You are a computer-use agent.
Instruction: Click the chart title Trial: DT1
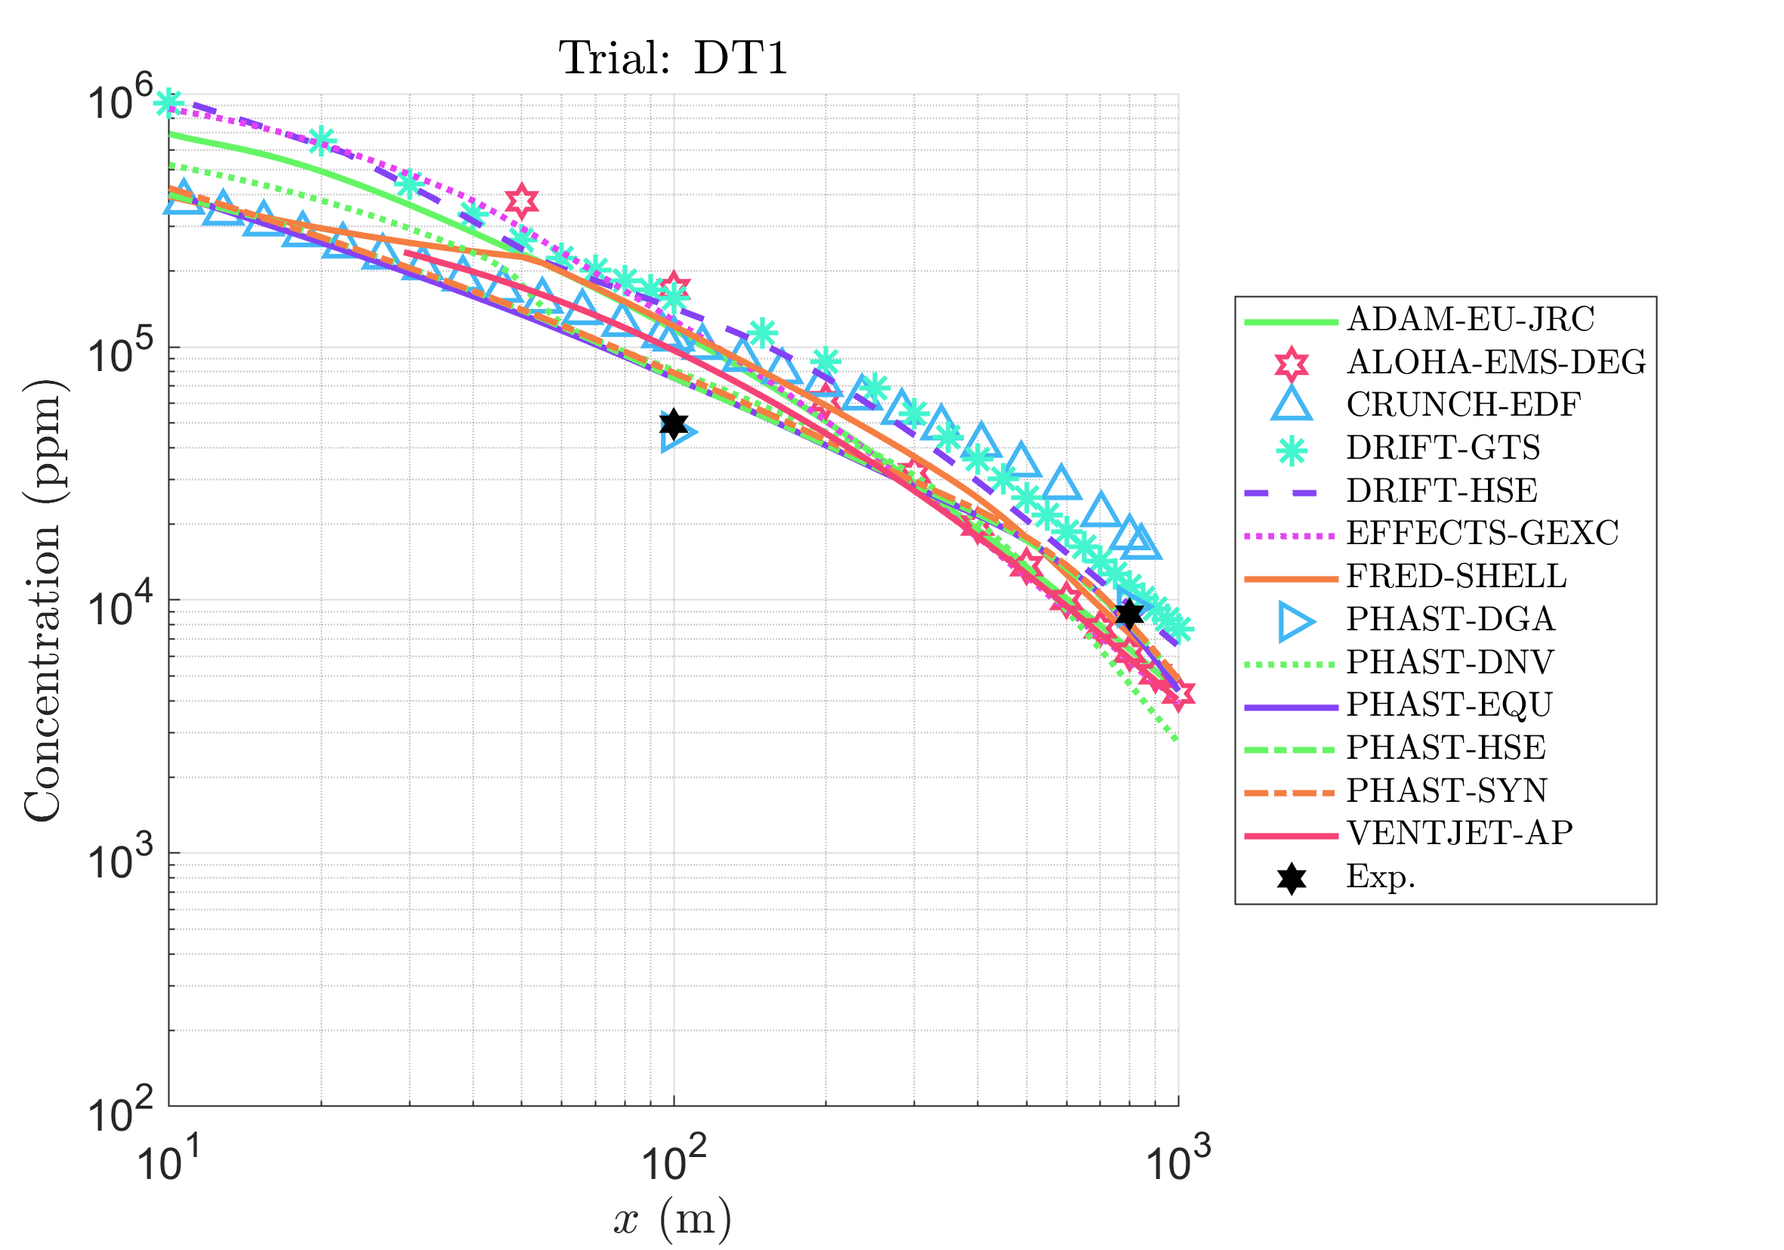pyautogui.click(x=673, y=58)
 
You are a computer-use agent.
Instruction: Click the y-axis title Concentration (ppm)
pyautogui.click(x=42, y=600)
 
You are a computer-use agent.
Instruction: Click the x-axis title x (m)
pyautogui.click(x=673, y=1219)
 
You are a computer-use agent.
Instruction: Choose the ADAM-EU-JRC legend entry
pyautogui.click(x=1470, y=320)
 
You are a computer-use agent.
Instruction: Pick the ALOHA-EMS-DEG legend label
pyautogui.click(x=1495, y=362)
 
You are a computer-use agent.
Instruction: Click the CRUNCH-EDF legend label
pyautogui.click(x=1462, y=405)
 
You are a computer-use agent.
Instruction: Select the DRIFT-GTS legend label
pyautogui.click(x=1443, y=447)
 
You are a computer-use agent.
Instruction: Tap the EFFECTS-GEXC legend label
pyautogui.click(x=1482, y=534)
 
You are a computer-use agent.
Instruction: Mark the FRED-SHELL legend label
pyautogui.click(x=1456, y=576)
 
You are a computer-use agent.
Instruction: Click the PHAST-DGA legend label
pyautogui.click(x=1450, y=619)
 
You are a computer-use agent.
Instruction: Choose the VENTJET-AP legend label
pyautogui.click(x=1459, y=833)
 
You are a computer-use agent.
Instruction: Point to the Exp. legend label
pyautogui.click(x=1381, y=876)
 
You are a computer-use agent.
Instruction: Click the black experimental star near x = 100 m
pyautogui.click(x=674, y=424)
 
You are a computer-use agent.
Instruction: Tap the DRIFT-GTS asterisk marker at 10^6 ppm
pyautogui.click(x=168, y=102)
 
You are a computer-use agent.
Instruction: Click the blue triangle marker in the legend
pyautogui.click(x=1292, y=404)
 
